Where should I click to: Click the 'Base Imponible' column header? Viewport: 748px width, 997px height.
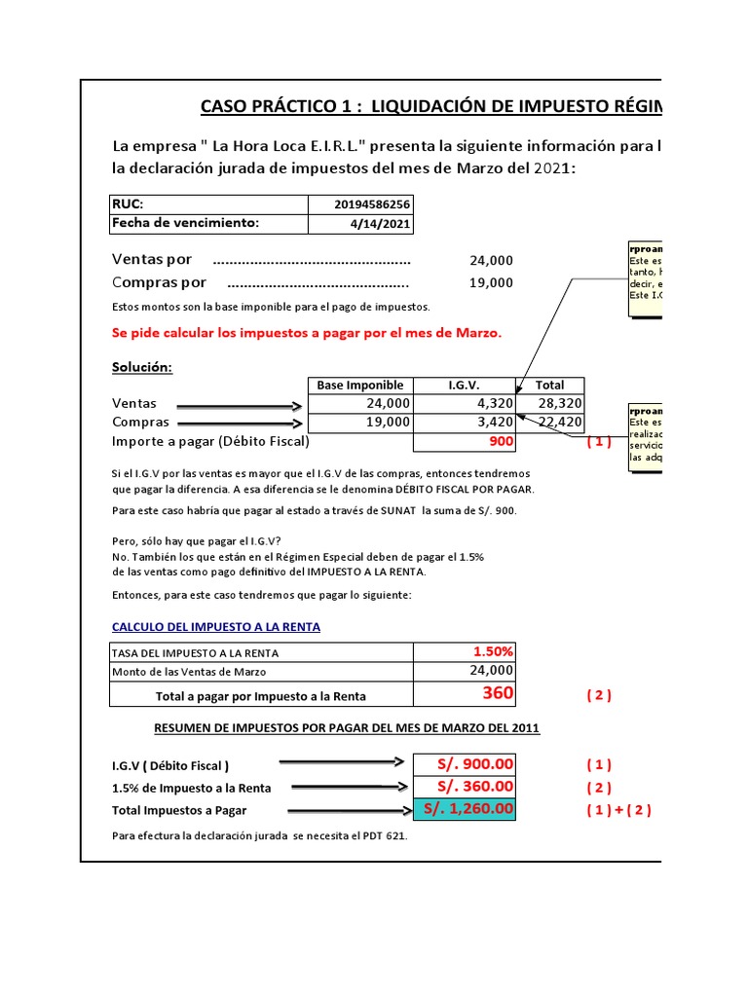coord(360,386)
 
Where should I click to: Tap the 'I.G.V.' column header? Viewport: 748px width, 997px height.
coord(464,386)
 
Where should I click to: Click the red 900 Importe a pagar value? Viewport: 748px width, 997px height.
coord(500,441)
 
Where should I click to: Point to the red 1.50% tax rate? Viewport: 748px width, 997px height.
coord(493,651)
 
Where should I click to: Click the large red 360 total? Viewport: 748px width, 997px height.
coord(497,693)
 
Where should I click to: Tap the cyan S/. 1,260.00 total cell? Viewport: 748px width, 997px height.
coord(464,809)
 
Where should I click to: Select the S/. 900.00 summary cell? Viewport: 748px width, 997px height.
coord(464,764)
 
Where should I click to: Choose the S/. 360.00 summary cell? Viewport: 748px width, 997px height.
coord(464,787)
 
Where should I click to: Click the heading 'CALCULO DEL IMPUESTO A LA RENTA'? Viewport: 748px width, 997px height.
coord(216,627)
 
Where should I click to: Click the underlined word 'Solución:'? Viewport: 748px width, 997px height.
coord(142,367)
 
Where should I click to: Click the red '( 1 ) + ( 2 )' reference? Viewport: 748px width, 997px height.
coord(618,810)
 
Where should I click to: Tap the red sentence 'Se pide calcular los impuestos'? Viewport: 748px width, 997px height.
coord(307,333)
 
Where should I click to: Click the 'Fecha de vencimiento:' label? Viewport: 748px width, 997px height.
coord(186,223)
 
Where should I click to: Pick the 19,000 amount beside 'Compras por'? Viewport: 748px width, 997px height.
coord(491,282)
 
